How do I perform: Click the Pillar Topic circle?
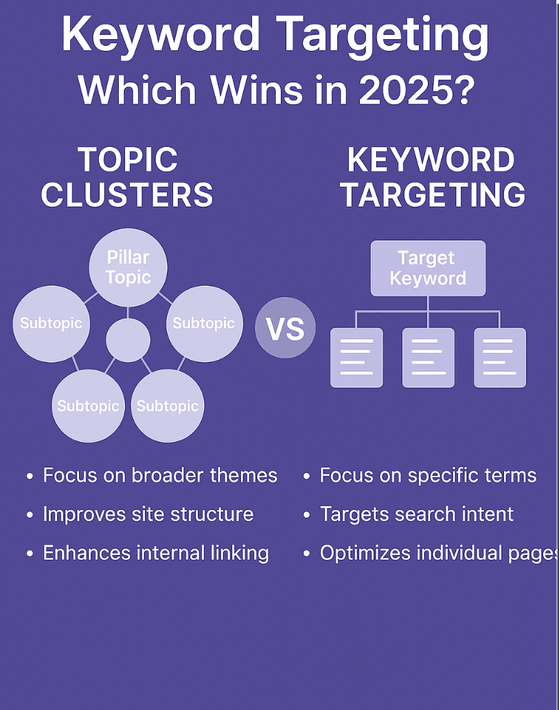pos(128,268)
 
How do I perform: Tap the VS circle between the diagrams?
pos(285,329)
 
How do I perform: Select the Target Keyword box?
pos(428,268)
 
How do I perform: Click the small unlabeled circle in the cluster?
pos(128,339)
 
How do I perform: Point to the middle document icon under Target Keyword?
pos(428,357)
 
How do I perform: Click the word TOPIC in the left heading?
pos(128,160)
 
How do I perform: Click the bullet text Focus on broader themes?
pos(160,475)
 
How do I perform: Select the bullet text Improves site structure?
pos(148,514)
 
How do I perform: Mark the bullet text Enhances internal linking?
pos(156,553)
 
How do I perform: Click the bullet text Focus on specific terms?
pos(428,475)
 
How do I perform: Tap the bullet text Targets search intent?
pos(417,514)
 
